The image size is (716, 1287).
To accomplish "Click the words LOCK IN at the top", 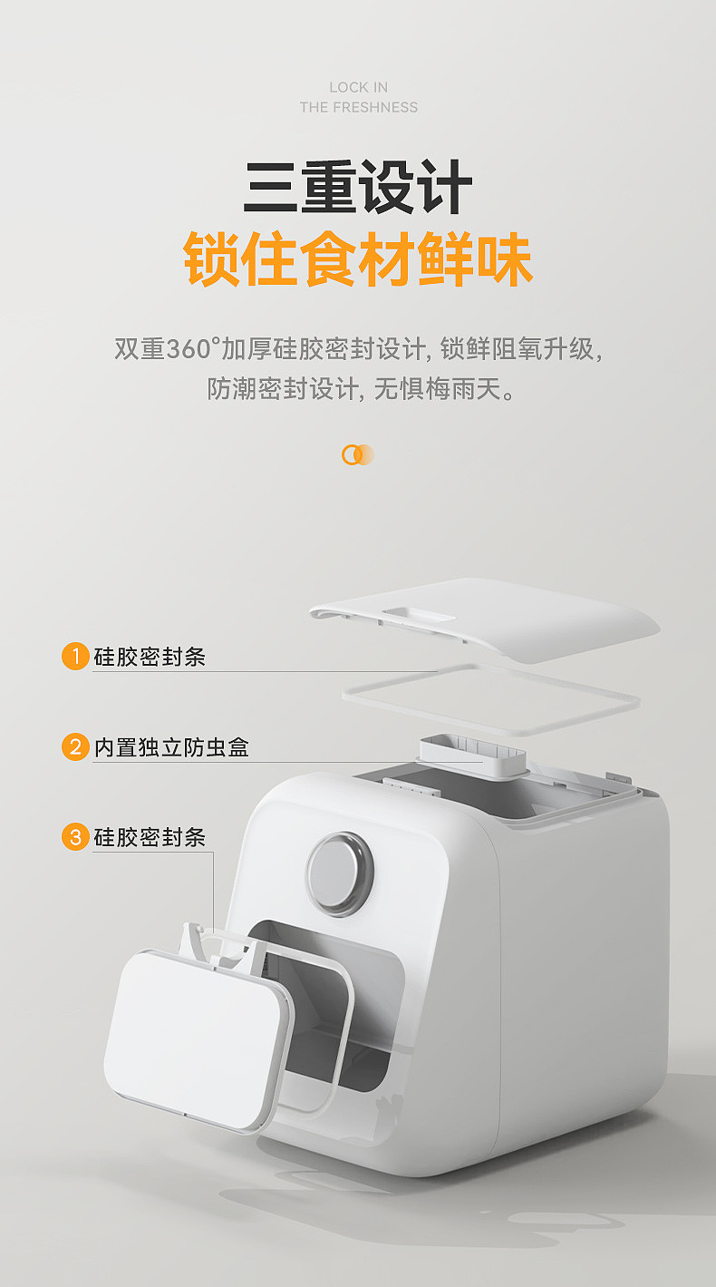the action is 358,87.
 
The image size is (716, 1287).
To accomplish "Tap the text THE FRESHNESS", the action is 358,107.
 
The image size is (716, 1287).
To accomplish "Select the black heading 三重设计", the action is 358,188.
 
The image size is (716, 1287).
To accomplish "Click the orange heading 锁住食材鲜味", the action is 358,259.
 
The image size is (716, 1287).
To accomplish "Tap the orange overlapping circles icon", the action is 358,455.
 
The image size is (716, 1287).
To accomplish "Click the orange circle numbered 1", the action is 75,656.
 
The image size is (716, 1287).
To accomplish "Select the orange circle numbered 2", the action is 75,747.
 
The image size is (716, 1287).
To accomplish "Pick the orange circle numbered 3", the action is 75,836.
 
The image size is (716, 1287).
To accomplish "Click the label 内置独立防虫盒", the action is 171,747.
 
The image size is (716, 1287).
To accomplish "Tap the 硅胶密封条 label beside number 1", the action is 150,657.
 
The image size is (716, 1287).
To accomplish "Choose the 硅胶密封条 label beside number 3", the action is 150,838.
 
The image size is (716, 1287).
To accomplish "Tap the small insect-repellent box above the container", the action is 472,756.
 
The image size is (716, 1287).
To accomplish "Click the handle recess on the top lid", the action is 419,615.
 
